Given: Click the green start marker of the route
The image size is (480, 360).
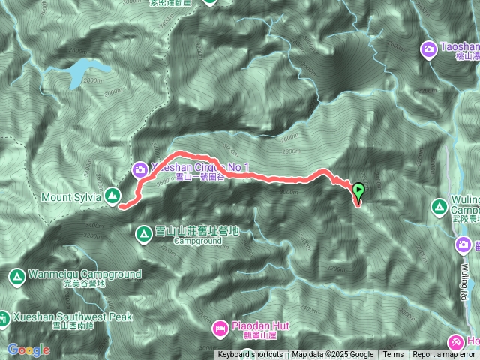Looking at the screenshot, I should (x=358, y=190).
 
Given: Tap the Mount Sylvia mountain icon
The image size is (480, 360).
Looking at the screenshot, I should (x=112, y=196).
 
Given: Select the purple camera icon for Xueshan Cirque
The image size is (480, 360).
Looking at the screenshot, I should (x=140, y=170).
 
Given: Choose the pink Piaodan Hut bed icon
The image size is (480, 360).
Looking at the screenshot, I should (x=220, y=327).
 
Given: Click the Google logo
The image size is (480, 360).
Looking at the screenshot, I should (x=28, y=349).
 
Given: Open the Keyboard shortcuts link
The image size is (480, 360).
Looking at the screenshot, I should (x=250, y=355).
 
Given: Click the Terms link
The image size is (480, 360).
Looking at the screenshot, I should (x=393, y=355).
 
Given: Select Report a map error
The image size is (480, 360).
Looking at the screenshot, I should (x=444, y=355).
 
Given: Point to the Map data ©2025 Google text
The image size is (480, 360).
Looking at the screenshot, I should (x=333, y=355).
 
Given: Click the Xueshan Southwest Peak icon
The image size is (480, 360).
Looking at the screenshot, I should (x=3, y=318).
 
